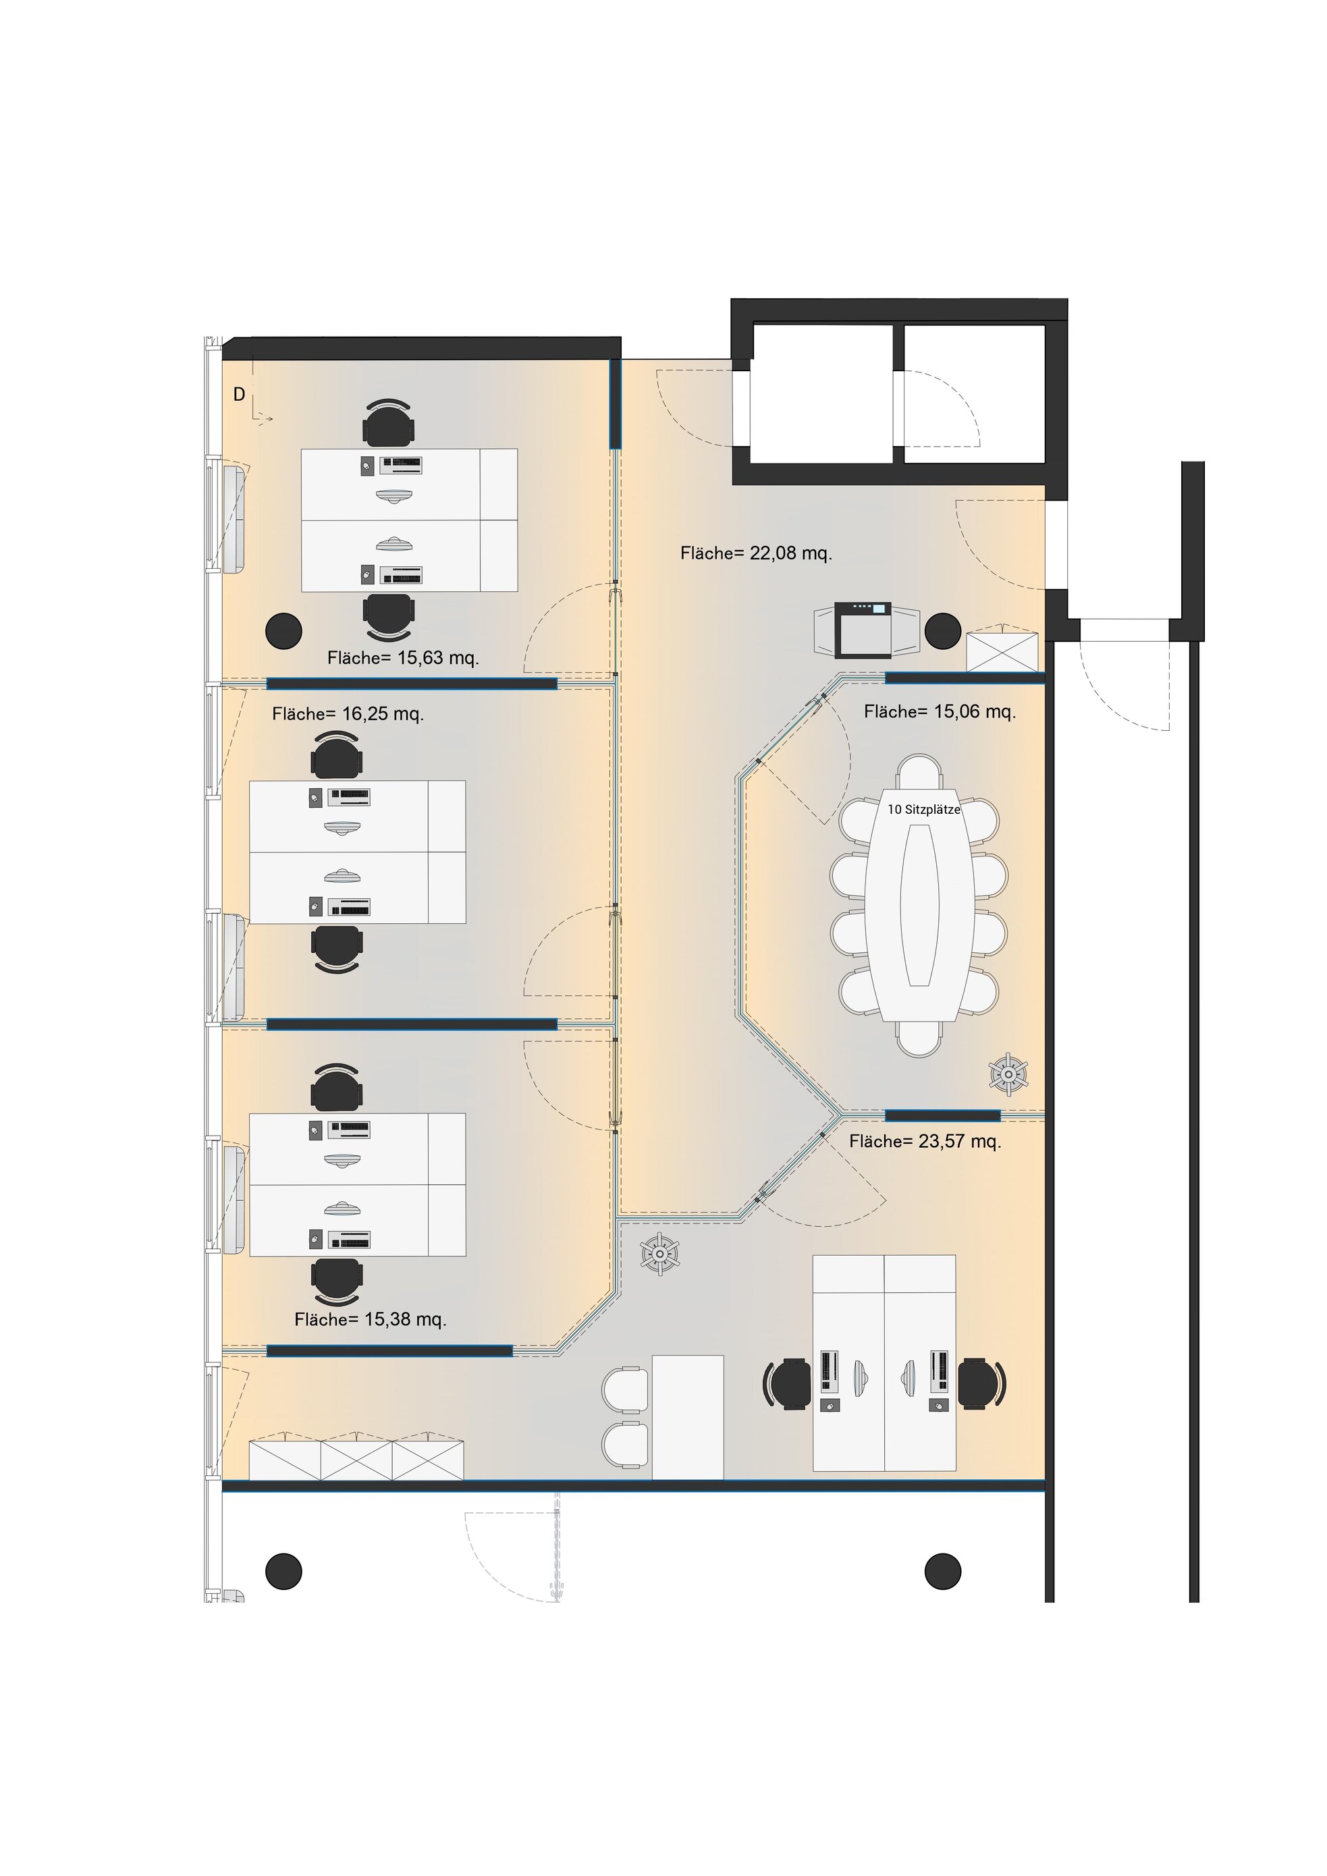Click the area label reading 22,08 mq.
click(x=756, y=553)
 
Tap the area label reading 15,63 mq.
click(x=403, y=658)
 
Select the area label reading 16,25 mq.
click(x=348, y=714)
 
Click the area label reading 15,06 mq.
click(x=940, y=712)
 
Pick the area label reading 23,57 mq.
click(x=925, y=1141)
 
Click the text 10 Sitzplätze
click(x=924, y=810)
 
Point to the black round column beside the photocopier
click(x=943, y=631)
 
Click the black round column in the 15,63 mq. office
click(x=283, y=631)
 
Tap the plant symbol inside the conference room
click(x=1008, y=1073)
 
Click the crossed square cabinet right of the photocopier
click(x=1002, y=651)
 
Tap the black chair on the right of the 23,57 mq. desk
click(x=981, y=1383)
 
